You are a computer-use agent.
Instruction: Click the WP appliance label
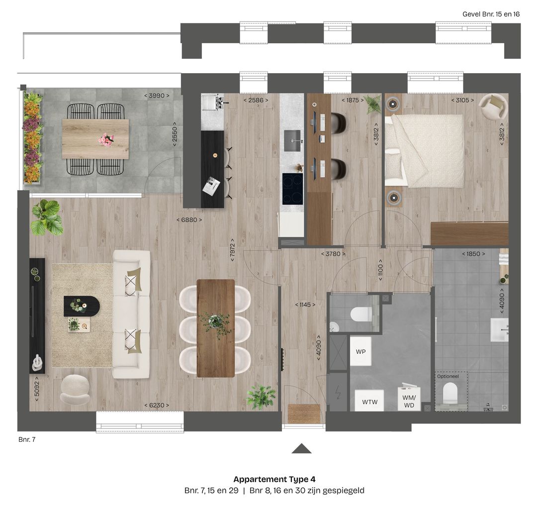[x=360, y=352]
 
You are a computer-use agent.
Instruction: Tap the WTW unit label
[x=369, y=402]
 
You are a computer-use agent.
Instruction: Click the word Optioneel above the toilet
[x=448, y=377]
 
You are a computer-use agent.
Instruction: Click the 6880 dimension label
[x=189, y=219]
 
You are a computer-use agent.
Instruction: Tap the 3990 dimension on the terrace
[x=157, y=96]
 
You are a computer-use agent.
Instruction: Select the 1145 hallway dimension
[x=305, y=304]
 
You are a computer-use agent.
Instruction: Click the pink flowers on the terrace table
[x=106, y=139]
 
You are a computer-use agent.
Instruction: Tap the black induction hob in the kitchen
[x=292, y=189]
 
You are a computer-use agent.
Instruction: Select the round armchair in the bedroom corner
[x=492, y=106]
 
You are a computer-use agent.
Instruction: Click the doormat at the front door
[x=303, y=414]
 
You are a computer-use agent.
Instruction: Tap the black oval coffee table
[x=82, y=306]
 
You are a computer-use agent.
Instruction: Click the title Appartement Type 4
[x=274, y=480]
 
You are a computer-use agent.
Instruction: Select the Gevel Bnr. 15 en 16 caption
[x=491, y=14]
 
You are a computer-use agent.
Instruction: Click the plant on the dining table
[x=216, y=322]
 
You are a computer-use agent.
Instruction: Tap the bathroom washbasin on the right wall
[x=499, y=330]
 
